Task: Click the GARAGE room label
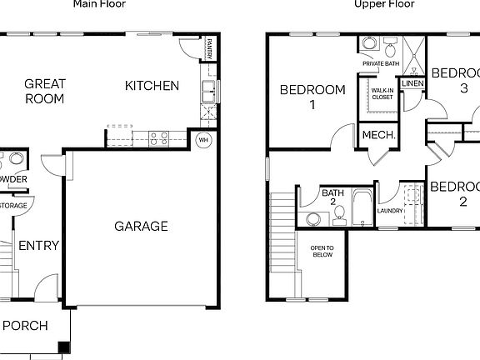click(x=141, y=226)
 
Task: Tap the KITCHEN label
click(x=152, y=85)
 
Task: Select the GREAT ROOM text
click(x=45, y=91)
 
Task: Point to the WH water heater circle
click(x=202, y=140)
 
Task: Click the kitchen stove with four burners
click(x=158, y=137)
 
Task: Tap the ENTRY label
click(x=38, y=245)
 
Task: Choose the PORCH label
click(x=24, y=325)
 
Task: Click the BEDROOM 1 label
click(x=312, y=97)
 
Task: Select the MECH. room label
click(x=377, y=135)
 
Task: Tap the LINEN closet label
click(x=412, y=83)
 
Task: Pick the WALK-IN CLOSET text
click(x=382, y=94)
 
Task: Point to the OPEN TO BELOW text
click(x=322, y=251)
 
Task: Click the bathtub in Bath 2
click(x=362, y=208)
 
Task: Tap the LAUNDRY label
click(x=389, y=210)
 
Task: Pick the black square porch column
click(x=63, y=348)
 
